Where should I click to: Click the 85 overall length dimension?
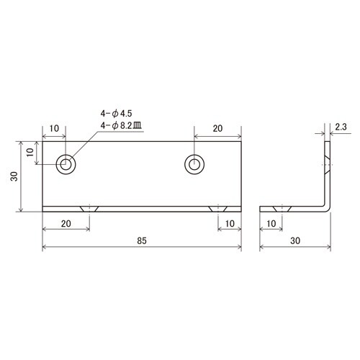click(142, 240)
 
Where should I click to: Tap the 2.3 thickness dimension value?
click(341, 127)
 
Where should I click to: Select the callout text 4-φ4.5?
click(116, 113)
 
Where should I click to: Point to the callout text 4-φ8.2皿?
click(121, 126)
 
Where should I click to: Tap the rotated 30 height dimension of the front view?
click(14, 176)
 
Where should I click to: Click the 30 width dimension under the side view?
click(295, 240)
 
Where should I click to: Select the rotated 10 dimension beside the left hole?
click(30, 152)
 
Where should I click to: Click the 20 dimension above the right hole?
click(217, 129)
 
